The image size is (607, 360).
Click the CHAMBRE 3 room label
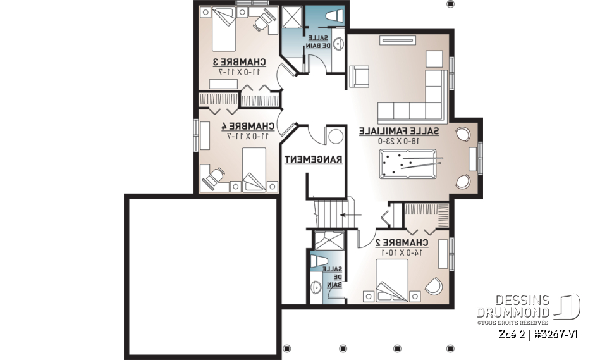240,62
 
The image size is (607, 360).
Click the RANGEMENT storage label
313,160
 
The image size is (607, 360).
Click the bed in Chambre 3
224,30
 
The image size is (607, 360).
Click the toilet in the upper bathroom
333,17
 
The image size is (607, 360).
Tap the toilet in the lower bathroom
317,262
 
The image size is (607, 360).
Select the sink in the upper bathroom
338,44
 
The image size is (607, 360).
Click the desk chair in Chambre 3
262,22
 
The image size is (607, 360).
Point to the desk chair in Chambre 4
212,177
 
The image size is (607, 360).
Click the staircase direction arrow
347,216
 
